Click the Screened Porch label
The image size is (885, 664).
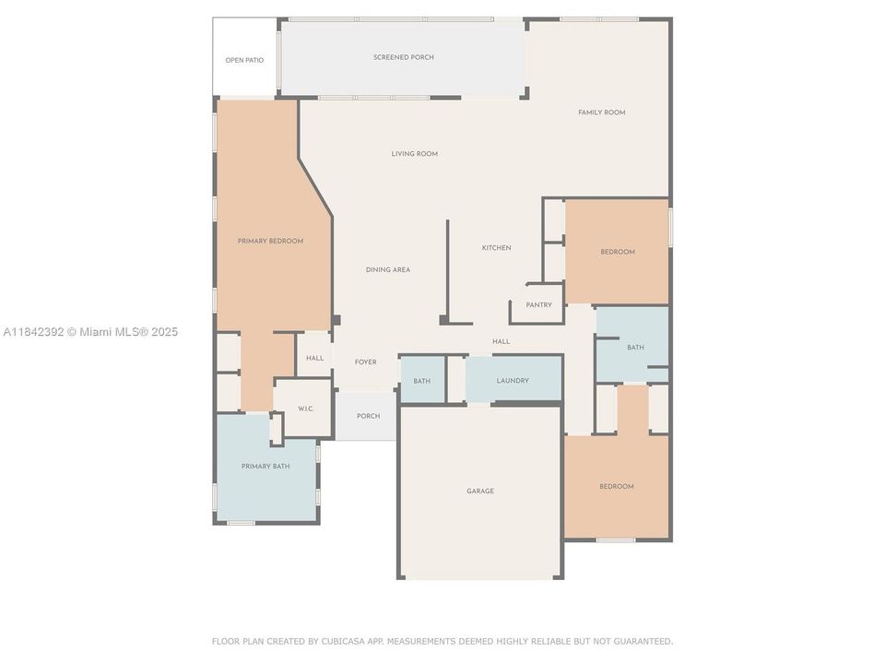tap(404, 57)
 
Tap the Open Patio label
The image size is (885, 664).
tap(244, 60)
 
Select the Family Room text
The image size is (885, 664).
tap(601, 113)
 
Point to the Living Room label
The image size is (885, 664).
tap(414, 154)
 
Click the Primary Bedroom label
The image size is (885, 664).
tap(270, 241)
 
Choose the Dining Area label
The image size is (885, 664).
tap(387, 269)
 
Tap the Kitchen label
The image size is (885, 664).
tap(496, 247)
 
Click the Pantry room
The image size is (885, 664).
tap(538, 305)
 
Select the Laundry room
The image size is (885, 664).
tap(513, 380)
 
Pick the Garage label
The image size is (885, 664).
tap(479, 491)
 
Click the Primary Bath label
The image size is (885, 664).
tap(265, 467)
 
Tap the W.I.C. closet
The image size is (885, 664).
tap(306, 409)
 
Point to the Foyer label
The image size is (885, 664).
tap(365, 362)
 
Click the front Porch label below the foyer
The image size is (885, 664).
tap(368, 416)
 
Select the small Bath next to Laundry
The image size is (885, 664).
tap(421, 380)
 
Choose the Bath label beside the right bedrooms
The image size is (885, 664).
tap(635, 348)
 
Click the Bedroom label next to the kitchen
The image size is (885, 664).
tap(617, 252)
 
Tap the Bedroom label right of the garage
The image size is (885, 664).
tap(616, 486)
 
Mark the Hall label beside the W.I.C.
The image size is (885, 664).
tap(314, 358)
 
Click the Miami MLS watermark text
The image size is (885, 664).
tap(90, 332)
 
